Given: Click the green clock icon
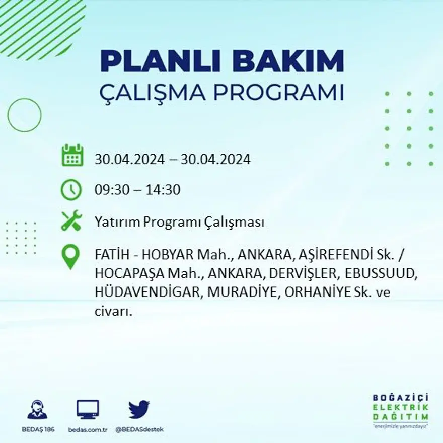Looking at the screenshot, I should click(71, 190).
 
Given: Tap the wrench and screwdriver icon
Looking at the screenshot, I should click(71, 221).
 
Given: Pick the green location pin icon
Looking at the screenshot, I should click(71, 256).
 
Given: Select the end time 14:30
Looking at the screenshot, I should click(163, 190).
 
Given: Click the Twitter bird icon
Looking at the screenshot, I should click(139, 409).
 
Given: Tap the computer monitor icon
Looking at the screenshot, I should click(88, 409).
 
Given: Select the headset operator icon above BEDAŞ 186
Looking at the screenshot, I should click(37, 409).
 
